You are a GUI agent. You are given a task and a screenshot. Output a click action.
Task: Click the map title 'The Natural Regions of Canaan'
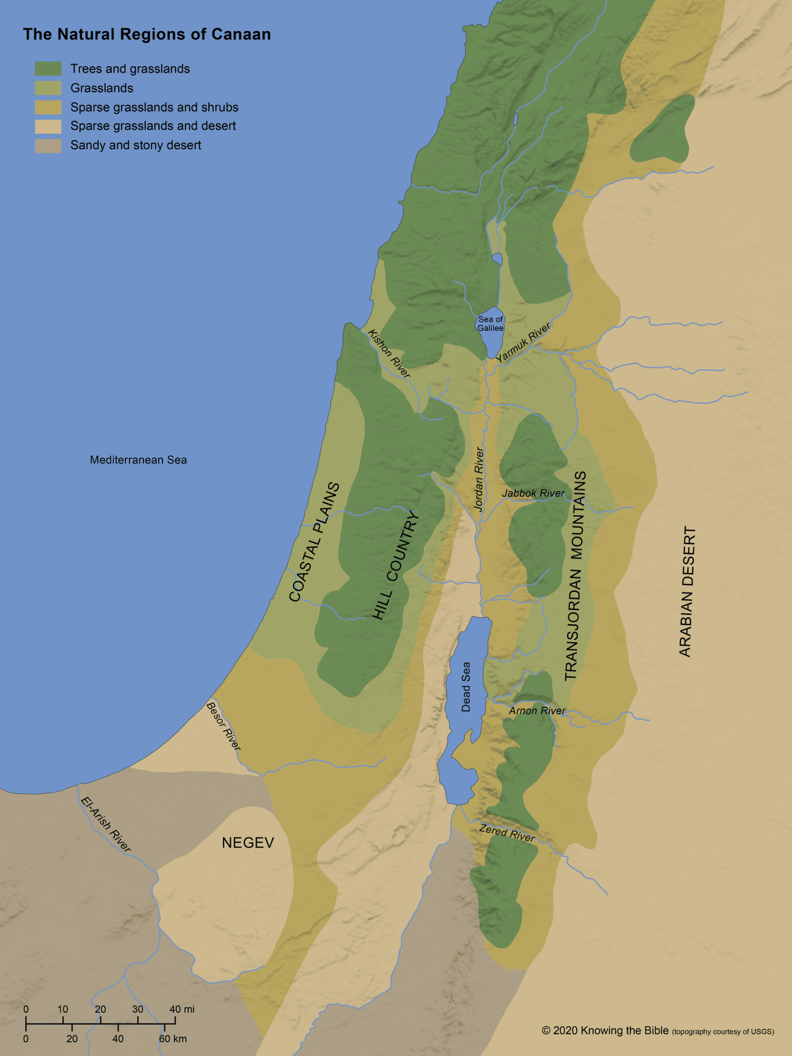tap(146, 34)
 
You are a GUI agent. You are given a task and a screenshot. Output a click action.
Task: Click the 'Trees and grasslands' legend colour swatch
tap(48, 69)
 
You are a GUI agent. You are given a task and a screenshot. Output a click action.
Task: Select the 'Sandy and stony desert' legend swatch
tap(48, 146)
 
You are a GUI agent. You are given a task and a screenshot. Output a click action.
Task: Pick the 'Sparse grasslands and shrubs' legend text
tap(154, 107)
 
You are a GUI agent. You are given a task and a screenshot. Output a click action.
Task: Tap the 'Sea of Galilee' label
tap(490, 324)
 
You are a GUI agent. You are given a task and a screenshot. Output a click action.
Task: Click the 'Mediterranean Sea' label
tap(139, 460)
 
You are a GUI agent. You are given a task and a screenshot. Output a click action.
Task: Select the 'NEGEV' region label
tap(248, 843)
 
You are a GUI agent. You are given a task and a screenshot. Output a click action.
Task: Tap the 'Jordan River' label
tap(479, 479)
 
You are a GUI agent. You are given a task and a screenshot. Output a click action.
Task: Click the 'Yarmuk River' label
tap(523, 342)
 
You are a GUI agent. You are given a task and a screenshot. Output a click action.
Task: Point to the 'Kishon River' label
tap(389, 354)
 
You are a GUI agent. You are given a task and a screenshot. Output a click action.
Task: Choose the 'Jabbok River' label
tap(533, 493)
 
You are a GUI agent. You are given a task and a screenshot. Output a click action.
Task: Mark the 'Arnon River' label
tap(537, 711)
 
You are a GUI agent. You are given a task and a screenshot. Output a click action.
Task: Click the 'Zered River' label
tap(507, 833)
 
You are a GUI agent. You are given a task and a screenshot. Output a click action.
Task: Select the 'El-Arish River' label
tap(106, 825)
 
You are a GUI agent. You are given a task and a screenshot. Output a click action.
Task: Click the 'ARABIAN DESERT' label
tap(687, 592)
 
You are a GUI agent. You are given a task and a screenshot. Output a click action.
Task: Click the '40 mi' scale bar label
tap(182, 1009)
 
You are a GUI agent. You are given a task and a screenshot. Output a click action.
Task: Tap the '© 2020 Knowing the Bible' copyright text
tap(605, 1031)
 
